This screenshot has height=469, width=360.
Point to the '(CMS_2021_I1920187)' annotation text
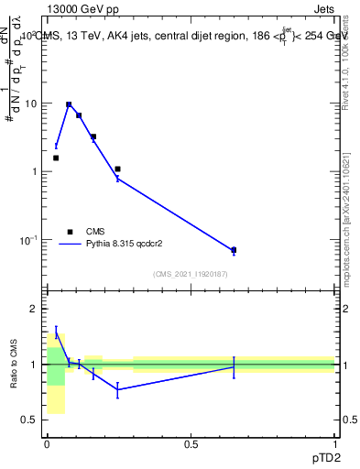[x=190, y=274]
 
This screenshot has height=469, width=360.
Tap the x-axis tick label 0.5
[x=191, y=444]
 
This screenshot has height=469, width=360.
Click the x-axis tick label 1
[x=334, y=444]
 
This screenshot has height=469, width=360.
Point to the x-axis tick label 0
[x=47, y=444]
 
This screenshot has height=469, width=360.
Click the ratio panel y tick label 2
[x=34, y=309]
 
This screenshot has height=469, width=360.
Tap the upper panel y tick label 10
[x=30, y=104]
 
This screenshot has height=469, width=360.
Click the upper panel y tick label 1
[x=34, y=172]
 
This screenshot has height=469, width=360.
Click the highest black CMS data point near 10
[x=69, y=104]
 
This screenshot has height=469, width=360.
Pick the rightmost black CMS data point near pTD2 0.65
[x=234, y=249]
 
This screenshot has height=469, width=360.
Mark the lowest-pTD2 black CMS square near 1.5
[x=56, y=158]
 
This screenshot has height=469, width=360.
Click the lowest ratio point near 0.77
[x=117, y=389]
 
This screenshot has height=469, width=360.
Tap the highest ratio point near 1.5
[x=56, y=333]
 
